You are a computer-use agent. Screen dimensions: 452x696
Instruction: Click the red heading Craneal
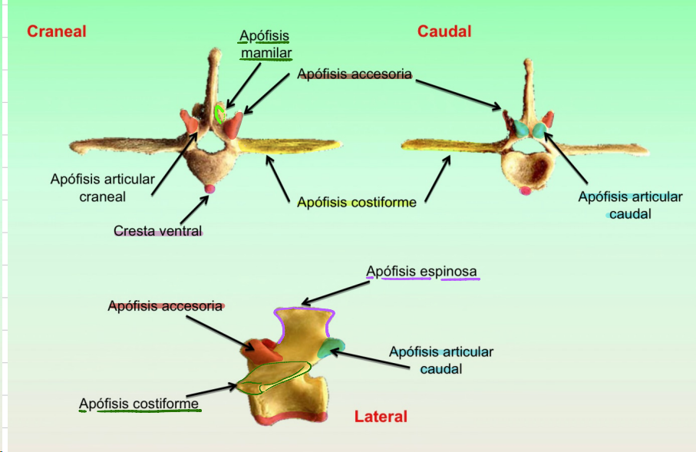(56, 31)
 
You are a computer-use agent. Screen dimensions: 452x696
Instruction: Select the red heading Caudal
(444, 31)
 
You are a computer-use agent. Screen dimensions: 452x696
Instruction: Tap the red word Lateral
(381, 417)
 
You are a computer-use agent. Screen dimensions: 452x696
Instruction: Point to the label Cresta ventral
(157, 230)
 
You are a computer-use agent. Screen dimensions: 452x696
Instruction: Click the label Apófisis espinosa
(421, 272)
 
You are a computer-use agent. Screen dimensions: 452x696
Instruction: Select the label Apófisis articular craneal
(103, 188)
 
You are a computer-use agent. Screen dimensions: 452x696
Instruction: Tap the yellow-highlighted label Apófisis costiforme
(357, 203)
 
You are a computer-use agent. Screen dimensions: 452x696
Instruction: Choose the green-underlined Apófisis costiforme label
(139, 404)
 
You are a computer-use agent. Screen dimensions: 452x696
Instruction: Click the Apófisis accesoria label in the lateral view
(165, 306)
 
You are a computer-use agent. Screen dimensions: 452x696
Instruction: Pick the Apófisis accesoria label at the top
(355, 74)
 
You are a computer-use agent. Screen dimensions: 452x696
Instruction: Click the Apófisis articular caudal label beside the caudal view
(630, 205)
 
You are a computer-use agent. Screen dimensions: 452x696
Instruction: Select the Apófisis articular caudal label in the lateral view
(440, 360)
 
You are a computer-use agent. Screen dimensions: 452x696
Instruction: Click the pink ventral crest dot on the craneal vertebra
(209, 189)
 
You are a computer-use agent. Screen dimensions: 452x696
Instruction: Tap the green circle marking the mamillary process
(220, 114)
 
